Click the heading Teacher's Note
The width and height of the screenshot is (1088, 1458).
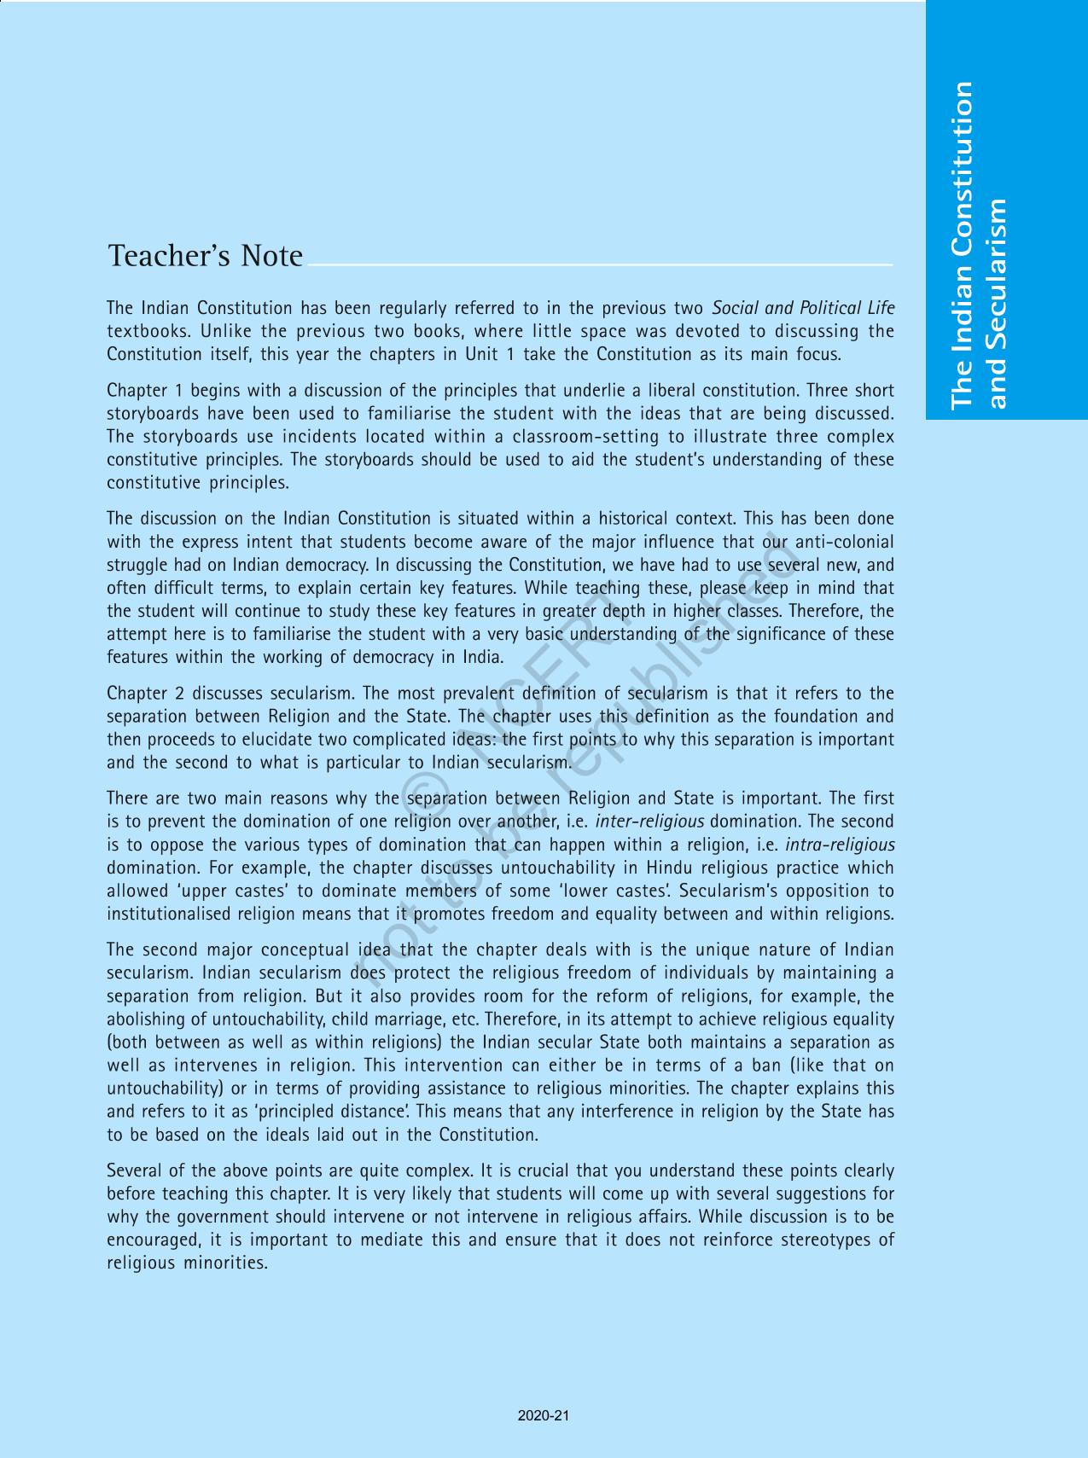click(205, 256)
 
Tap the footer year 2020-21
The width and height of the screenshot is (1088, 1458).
click(544, 1415)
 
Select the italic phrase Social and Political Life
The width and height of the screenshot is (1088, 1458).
click(803, 308)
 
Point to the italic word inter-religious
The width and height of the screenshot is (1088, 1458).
click(649, 822)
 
